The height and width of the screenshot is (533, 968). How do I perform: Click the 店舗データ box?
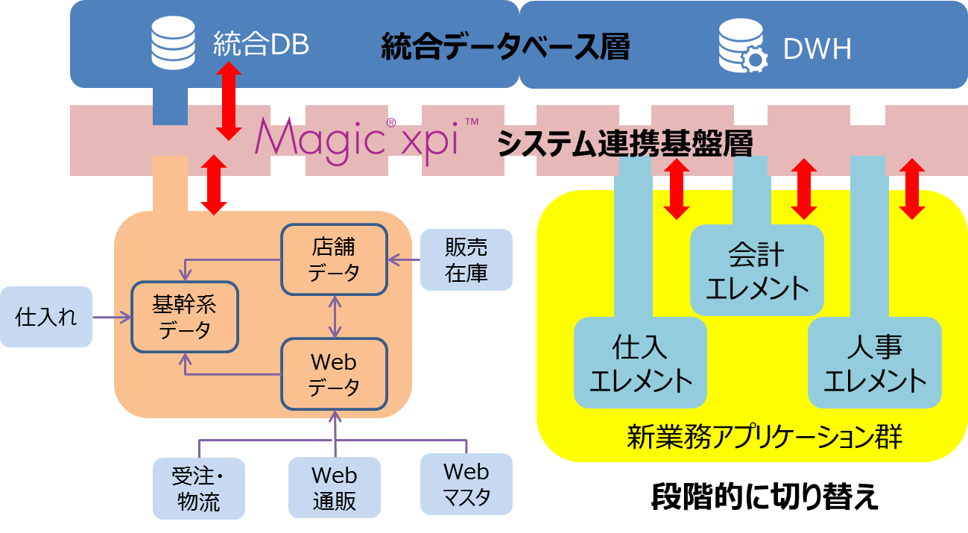click(x=334, y=259)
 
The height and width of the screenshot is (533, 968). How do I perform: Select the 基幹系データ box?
click(x=185, y=317)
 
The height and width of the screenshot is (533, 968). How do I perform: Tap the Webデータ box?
click(x=334, y=374)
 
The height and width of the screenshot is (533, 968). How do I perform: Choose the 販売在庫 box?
click(x=466, y=259)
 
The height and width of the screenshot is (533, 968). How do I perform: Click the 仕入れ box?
click(x=46, y=317)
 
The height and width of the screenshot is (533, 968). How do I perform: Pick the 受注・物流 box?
click(x=199, y=488)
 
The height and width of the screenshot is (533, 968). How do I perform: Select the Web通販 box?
click(x=334, y=488)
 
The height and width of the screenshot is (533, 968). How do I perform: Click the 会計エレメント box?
click(x=756, y=271)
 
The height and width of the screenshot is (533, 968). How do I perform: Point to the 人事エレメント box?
click(x=875, y=364)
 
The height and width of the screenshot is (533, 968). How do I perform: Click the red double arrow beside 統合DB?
click(x=228, y=101)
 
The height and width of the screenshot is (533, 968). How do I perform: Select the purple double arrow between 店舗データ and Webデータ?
click(x=335, y=317)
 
